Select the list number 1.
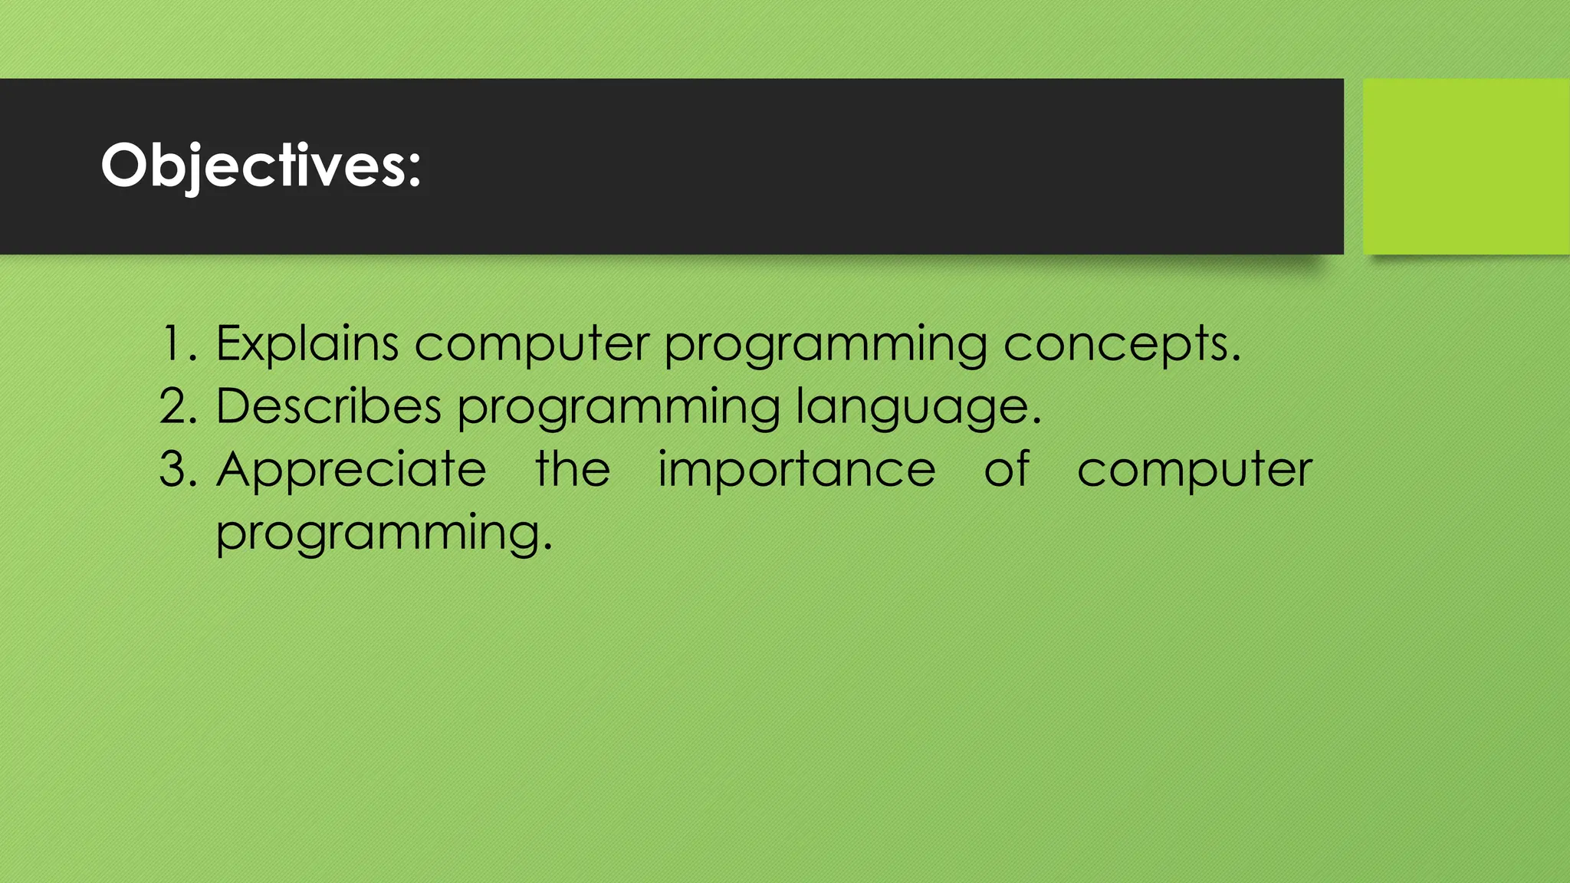[173, 344]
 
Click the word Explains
[307, 344]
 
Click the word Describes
[328, 406]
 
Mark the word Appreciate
[351, 471]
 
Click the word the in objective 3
[573, 469]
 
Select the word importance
[796, 471]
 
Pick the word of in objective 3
[1007, 469]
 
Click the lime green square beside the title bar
[1466, 166]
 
